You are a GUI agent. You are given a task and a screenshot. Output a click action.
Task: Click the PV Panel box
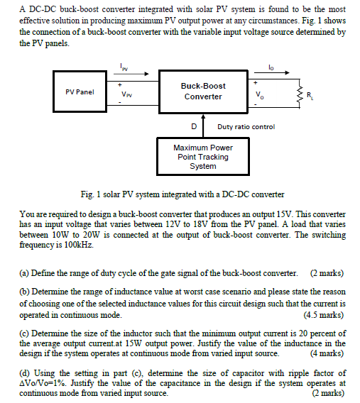point(80,92)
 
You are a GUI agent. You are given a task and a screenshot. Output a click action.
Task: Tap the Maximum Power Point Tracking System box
point(203,157)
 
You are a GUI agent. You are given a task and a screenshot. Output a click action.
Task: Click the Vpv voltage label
point(126,93)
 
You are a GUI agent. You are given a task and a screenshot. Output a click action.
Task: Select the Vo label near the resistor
point(258,96)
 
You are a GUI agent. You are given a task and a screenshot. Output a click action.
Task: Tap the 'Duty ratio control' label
point(246,126)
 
